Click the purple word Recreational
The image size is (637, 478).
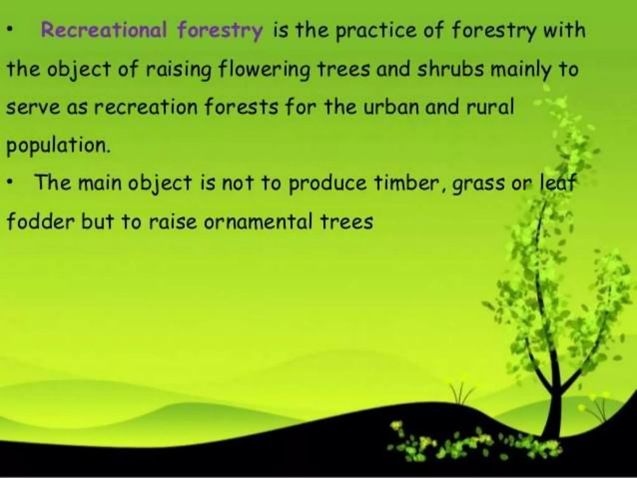pyautogui.click(x=104, y=30)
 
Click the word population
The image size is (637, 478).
pyautogui.click(x=58, y=146)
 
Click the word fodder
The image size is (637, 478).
pyautogui.click(x=40, y=222)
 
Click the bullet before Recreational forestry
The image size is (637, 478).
pyautogui.click(x=10, y=30)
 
